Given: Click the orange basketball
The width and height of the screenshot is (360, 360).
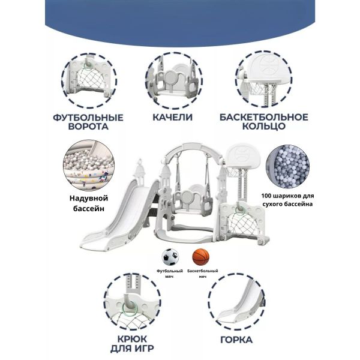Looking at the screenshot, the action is (x=201, y=257).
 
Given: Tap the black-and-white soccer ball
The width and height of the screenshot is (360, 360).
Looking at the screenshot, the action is (x=170, y=257).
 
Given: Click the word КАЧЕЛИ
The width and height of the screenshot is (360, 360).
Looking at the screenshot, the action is (x=173, y=117).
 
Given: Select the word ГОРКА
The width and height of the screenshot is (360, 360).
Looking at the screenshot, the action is (x=236, y=340).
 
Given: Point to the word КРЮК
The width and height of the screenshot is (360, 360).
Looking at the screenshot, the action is (x=132, y=339).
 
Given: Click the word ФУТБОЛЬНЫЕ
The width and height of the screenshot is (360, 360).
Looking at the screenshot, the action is (x=88, y=118).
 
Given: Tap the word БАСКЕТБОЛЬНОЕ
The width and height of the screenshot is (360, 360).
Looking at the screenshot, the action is (x=264, y=117).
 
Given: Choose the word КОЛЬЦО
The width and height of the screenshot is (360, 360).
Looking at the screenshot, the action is (x=264, y=126).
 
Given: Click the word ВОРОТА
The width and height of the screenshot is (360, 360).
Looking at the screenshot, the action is (x=88, y=127).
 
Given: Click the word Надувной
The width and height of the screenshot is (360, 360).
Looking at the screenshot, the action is (x=89, y=198).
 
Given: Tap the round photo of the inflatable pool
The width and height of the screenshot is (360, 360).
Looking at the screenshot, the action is (x=89, y=166).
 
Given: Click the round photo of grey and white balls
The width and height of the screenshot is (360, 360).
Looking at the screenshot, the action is (x=287, y=167).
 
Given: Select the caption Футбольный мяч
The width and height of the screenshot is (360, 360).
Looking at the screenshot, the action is (x=170, y=274).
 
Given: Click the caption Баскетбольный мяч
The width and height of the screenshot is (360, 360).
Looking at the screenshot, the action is (x=203, y=274).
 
